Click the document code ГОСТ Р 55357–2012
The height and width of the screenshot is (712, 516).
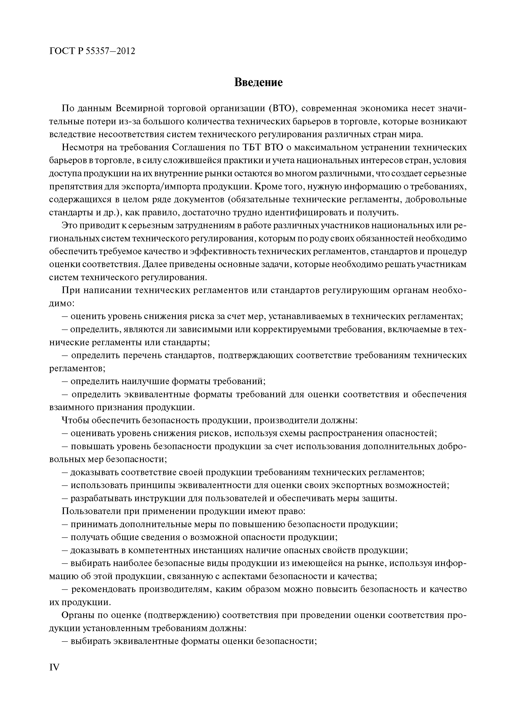point(92,51)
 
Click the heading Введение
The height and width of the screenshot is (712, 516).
point(258,83)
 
